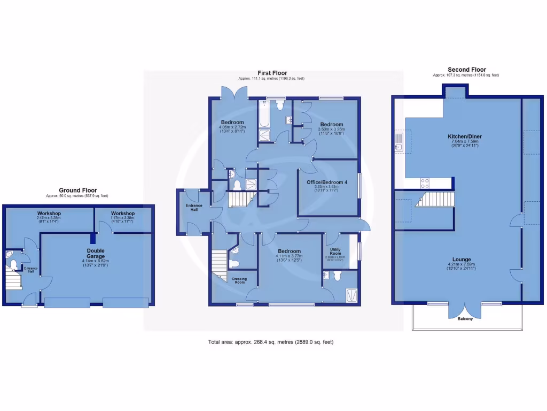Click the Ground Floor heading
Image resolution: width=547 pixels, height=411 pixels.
pyautogui.click(x=77, y=190)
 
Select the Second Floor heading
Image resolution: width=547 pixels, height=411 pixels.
pyautogui.click(x=466, y=70)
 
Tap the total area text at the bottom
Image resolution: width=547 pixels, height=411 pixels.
pyautogui.click(x=273, y=342)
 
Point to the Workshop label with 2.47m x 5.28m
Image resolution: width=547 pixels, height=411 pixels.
pyautogui.click(x=49, y=214)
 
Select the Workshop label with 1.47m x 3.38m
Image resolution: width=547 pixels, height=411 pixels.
pyautogui.click(x=122, y=214)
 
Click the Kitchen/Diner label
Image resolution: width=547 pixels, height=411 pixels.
pyautogui.click(x=464, y=136)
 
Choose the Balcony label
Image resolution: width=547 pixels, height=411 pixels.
pyautogui.click(x=465, y=319)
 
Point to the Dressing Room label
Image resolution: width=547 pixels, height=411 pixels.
pyautogui.click(x=239, y=280)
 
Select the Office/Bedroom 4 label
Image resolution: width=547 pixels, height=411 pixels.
pyautogui.click(x=327, y=182)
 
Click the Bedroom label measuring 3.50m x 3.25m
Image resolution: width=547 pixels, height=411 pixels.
pyautogui.click(x=331, y=123)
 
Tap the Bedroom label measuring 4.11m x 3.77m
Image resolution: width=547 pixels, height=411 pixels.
pyautogui.click(x=288, y=251)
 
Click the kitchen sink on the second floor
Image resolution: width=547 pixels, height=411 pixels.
pyautogui.click(x=398, y=142)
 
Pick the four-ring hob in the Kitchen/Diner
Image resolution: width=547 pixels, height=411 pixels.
pyautogui.click(x=425, y=183)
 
